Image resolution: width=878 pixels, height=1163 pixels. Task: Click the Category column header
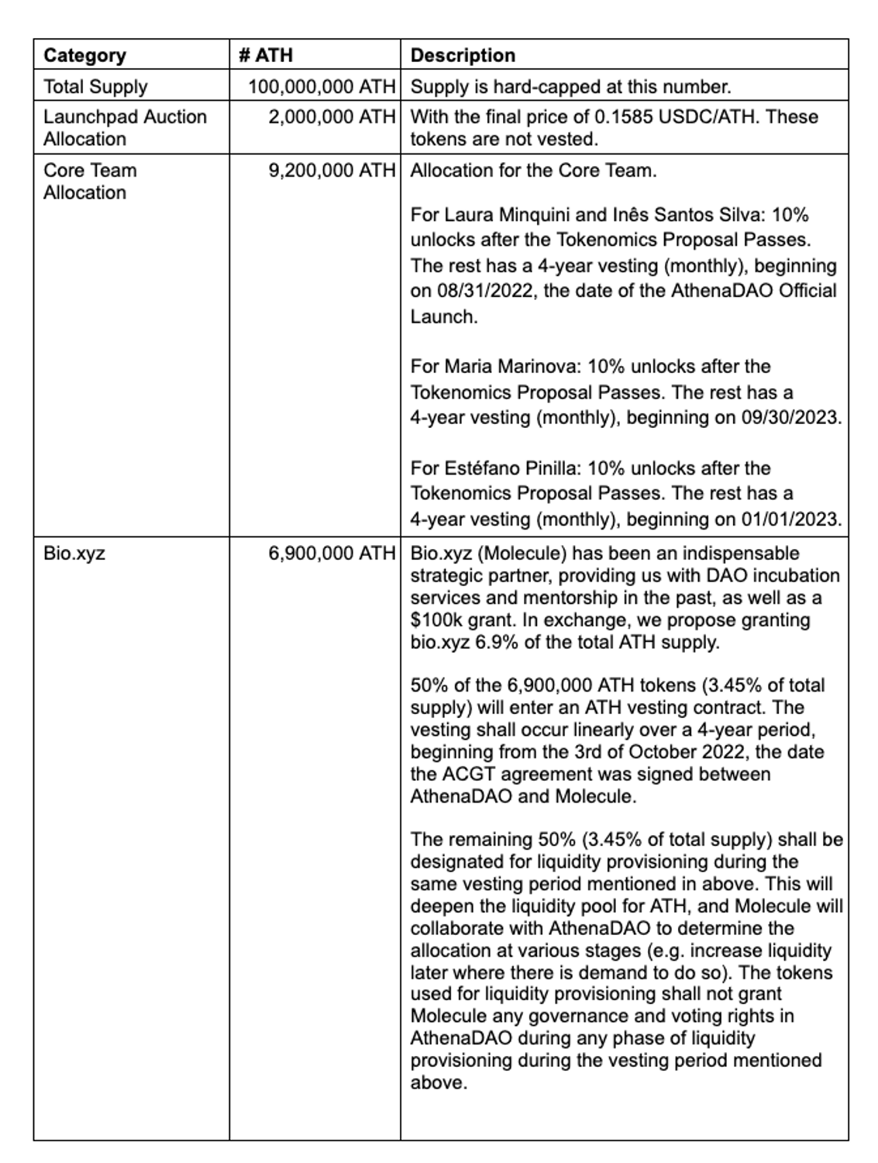click(x=84, y=55)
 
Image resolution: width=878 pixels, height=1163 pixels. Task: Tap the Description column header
click(x=463, y=55)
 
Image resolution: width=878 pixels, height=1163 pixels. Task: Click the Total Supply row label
click(x=95, y=86)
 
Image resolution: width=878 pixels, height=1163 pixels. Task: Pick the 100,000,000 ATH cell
click(x=322, y=86)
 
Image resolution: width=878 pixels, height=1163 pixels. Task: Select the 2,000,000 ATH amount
click(x=332, y=116)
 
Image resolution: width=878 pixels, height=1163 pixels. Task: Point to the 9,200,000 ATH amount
click(x=332, y=170)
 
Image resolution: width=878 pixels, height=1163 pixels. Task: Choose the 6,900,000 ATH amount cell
click(x=332, y=553)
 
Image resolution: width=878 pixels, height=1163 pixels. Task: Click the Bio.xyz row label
click(x=74, y=553)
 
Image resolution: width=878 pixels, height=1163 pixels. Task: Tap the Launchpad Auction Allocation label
click(x=125, y=127)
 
